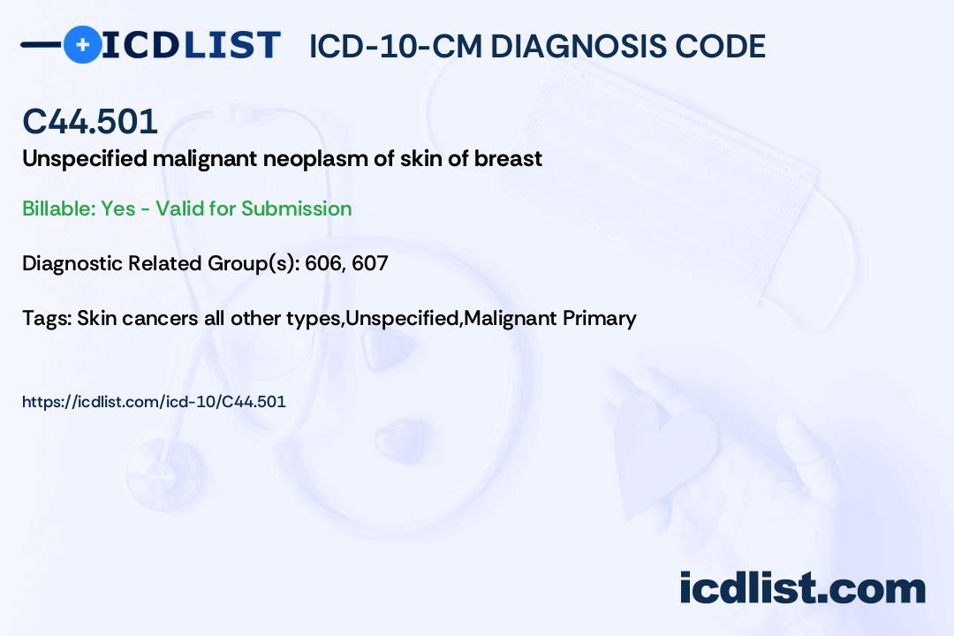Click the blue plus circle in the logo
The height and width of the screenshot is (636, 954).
(82, 44)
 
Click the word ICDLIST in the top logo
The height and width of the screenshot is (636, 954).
(191, 45)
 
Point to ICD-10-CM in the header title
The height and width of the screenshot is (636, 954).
(396, 46)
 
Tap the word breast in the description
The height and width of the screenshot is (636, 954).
(508, 159)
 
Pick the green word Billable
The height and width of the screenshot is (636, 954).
(59, 208)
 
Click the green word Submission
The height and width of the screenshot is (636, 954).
(296, 208)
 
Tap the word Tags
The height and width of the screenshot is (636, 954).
(47, 318)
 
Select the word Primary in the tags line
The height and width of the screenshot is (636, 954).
(599, 318)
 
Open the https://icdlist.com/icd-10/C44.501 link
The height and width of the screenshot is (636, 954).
(154, 402)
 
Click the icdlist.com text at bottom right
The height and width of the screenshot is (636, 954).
(802, 588)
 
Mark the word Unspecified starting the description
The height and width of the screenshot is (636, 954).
(85, 160)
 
